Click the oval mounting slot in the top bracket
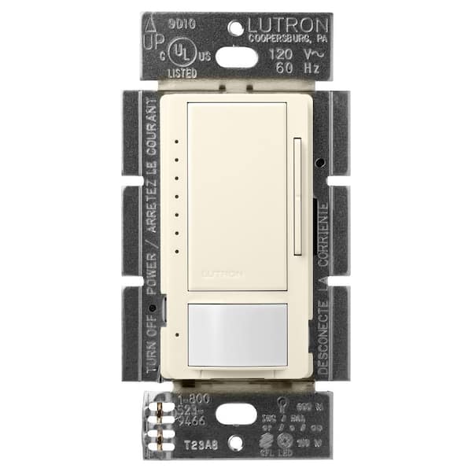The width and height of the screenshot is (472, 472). click(x=236, y=57)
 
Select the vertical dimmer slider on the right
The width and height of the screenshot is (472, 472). click(x=297, y=197)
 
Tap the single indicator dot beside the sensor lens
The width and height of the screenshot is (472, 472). click(x=177, y=334)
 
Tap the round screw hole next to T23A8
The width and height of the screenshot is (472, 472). click(x=237, y=444)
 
